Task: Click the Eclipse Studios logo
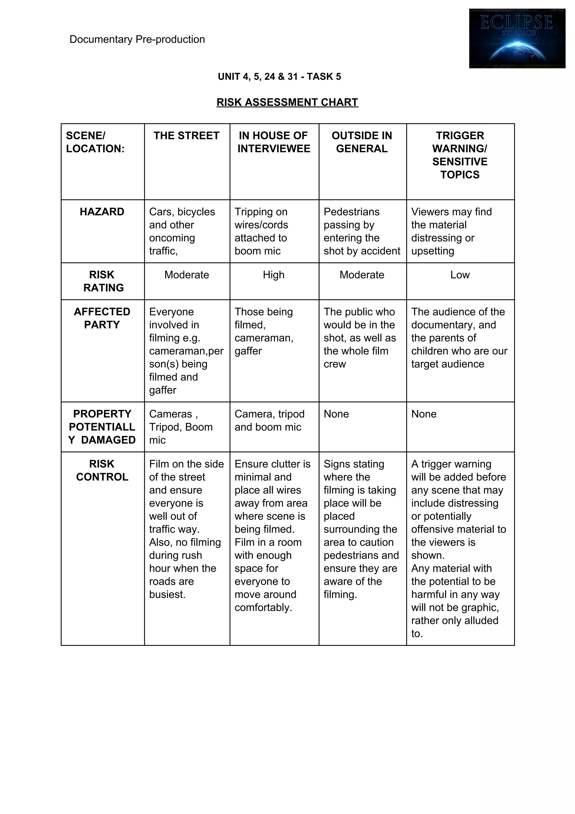click(x=517, y=38)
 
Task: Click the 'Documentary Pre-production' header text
click(x=137, y=39)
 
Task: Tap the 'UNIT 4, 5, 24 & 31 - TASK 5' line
click(x=279, y=77)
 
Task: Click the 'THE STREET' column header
click(x=186, y=136)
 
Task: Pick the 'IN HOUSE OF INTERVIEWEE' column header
click(x=273, y=142)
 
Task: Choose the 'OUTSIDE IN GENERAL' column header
click(x=362, y=142)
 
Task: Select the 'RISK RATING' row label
click(x=103, y=281)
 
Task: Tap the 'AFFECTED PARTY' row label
click(x=102, y=318)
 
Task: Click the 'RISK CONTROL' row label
click(x=102, y=470)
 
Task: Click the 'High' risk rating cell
click(x=273, y=275)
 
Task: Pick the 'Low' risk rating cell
click(x=460, y=275)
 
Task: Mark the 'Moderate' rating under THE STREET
click(x=186, y=275)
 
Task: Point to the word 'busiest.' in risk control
click(x=167, y=594)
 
